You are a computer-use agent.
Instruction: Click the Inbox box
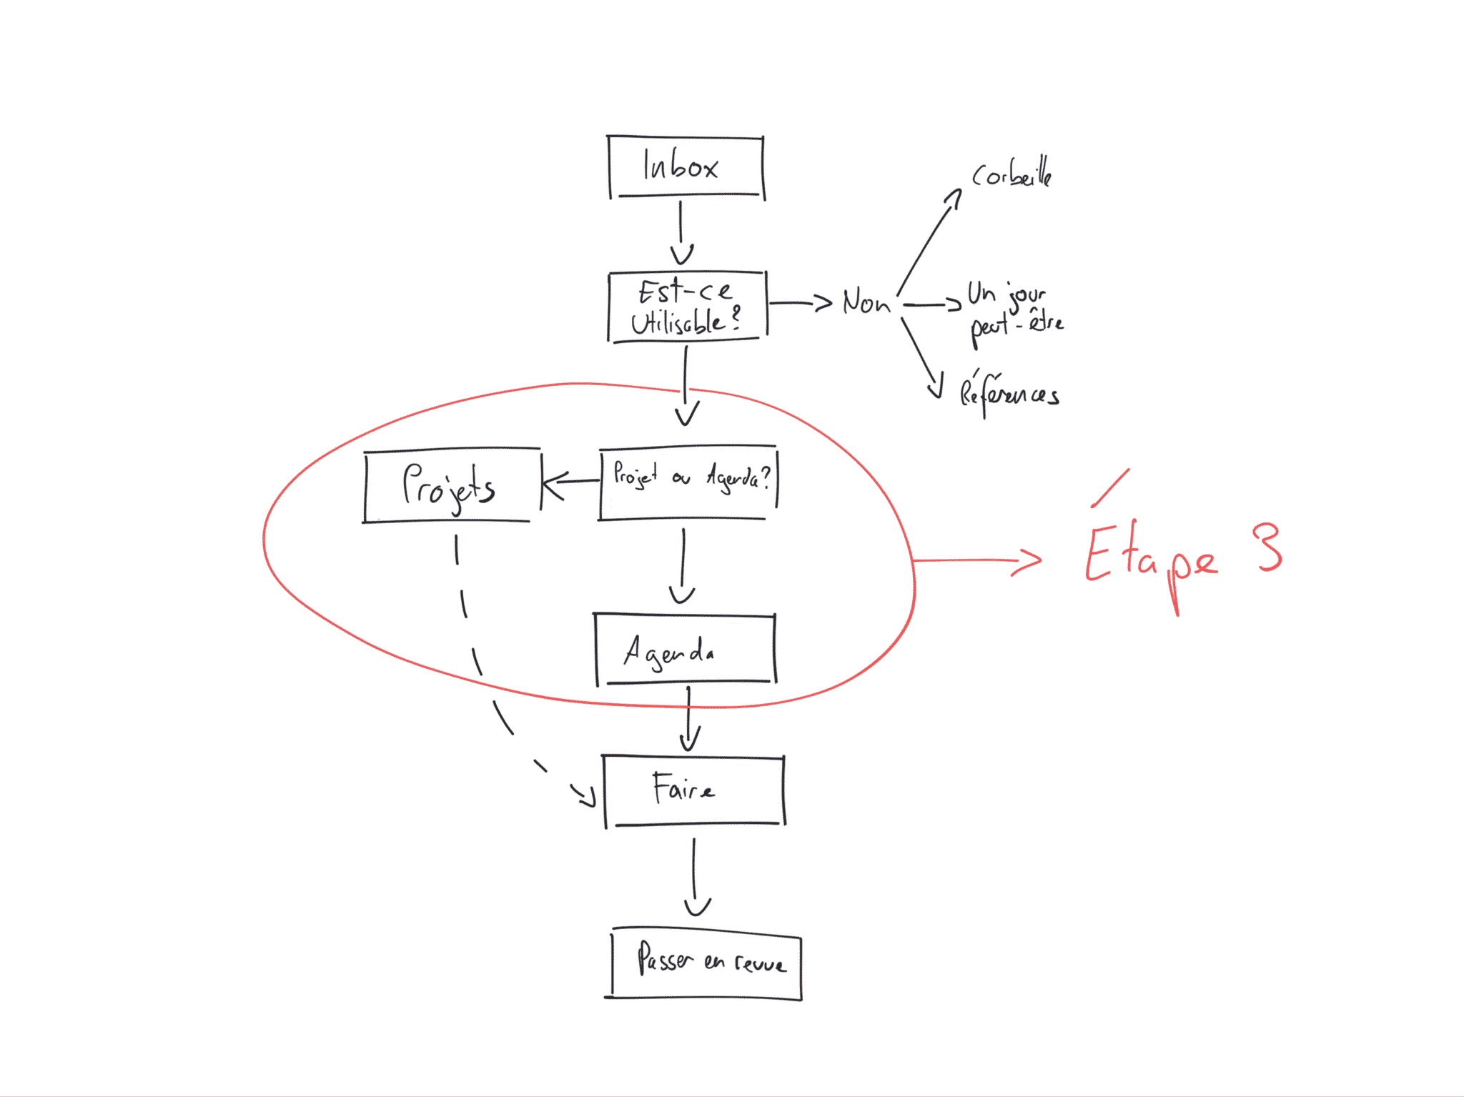pos(686,167)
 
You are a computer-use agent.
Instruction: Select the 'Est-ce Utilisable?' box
pos(686,307)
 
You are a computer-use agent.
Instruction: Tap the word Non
pos(866,302)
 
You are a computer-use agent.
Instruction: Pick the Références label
pos(1009,393)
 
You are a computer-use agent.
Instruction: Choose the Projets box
pos(451,486)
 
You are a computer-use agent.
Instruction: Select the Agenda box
pos(685,650)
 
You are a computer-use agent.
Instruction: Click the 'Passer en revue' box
pos(706,963)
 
